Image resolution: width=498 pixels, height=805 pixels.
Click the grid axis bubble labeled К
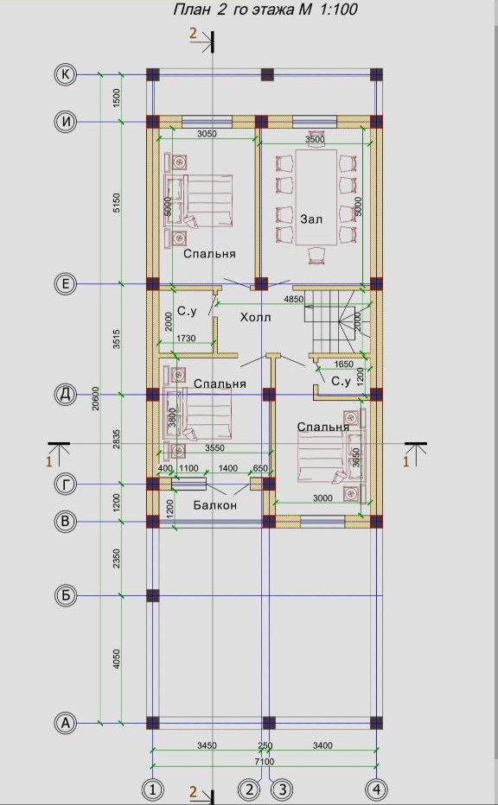(x=66, y=74)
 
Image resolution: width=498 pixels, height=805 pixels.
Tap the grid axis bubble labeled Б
(x=66, y=595)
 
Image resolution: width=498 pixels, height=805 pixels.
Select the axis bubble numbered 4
(x=376, y=789)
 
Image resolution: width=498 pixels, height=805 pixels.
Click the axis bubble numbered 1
(x=153, y=789)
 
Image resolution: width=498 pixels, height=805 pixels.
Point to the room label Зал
(x=311, y=219)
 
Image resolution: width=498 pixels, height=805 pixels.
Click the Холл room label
(x=255, y=318)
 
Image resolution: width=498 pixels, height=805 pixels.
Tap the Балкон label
(x=215, y=505)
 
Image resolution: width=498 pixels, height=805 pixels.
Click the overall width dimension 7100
(x=265, y=761)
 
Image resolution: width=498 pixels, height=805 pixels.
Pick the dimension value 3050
(x=207, y=134)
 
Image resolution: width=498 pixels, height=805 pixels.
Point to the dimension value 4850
(x=294, y=299)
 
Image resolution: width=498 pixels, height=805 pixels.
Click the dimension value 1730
(x=187, y=339)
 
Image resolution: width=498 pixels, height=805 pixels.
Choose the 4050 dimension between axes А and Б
(x=117, y=659)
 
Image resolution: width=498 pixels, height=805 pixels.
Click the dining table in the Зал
(x=316, y=197)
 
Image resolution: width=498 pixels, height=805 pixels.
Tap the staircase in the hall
(x=335, y=321)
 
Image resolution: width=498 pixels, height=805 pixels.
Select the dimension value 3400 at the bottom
(x=322, y=745)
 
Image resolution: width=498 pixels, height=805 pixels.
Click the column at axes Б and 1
(x=153, y=595)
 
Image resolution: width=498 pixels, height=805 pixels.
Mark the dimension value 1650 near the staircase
(x=343, y=364)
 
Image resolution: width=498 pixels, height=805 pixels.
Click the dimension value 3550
(x=214, y=447)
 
